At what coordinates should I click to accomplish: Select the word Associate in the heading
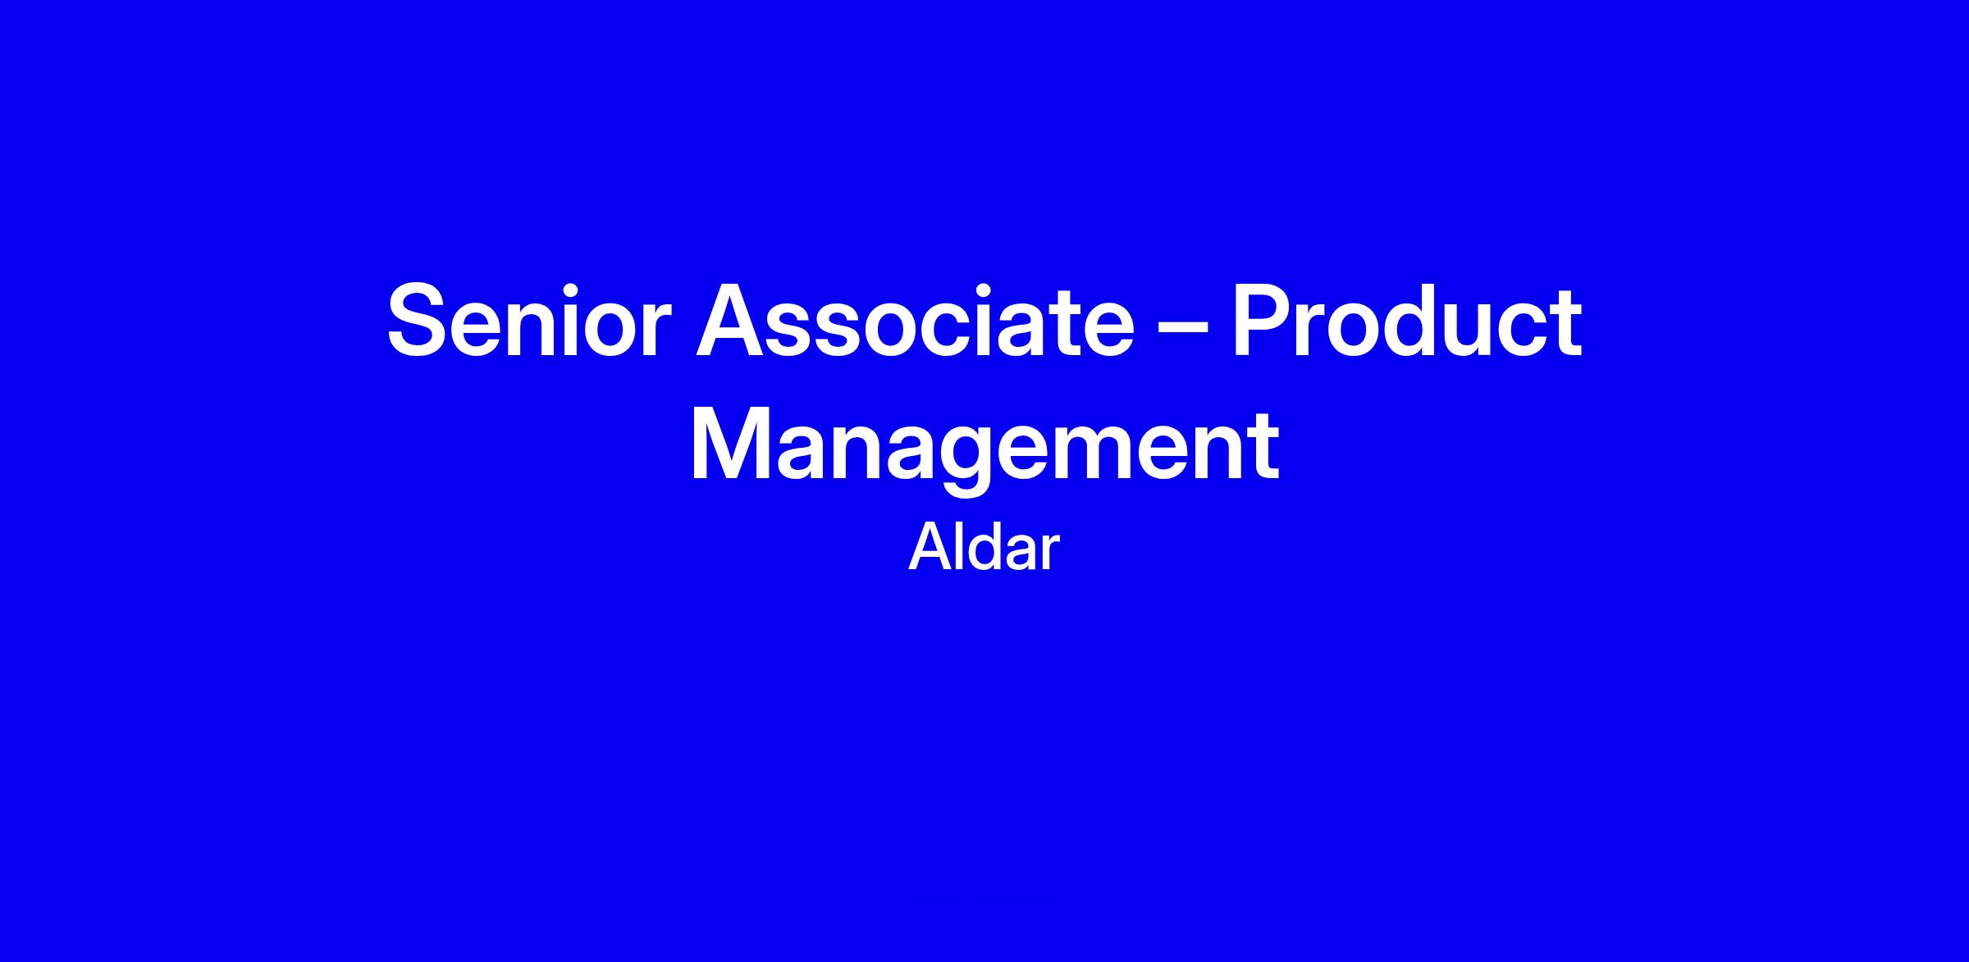915,321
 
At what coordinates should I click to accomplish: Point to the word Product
1406,321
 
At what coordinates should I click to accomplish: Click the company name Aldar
984,548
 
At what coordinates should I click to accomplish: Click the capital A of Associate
732,321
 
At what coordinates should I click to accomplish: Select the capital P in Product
1263,321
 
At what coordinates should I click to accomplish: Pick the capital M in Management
729,444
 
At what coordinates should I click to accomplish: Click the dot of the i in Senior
575,289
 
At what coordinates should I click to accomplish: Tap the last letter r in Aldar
1049,554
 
